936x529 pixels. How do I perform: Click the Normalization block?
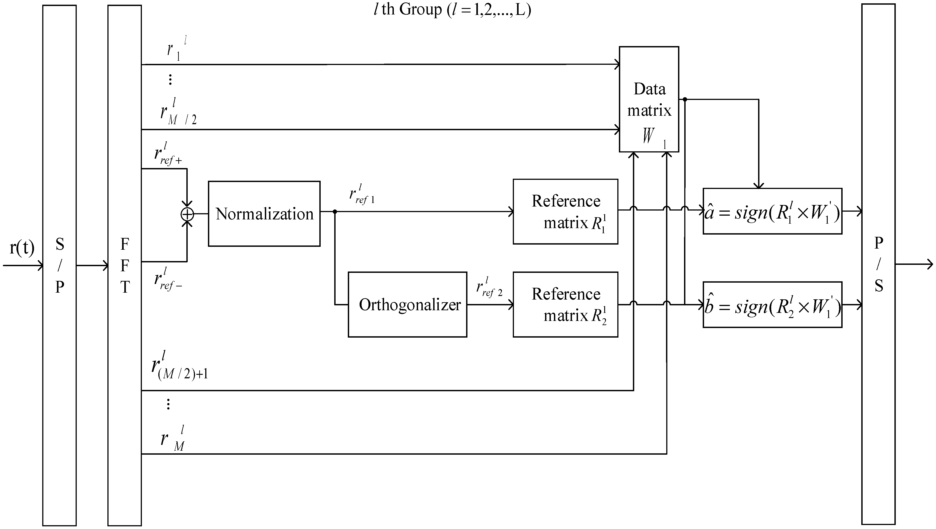[x=264, y=214]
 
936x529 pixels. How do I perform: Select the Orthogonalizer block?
[x=407, y=305]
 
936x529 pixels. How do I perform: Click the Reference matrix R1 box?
[x=565, y=212]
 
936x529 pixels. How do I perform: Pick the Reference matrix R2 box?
[x=565, y=305]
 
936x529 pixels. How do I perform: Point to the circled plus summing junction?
[x=187, y=215]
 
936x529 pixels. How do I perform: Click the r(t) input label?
[x=22, y=248]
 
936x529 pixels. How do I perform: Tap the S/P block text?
[x=60, y=266]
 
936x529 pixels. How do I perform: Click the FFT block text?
[x=125, y=266]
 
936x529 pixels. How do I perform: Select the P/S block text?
[x=879, y=264]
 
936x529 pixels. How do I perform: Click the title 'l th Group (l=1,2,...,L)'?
[x=452, y=9]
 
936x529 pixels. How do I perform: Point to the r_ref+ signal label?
[x=167, y=154]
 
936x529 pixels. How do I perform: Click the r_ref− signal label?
[x=167, y=279]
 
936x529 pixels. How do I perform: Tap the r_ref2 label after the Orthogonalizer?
[x=489, y=287]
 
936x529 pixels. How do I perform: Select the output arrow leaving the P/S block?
[x=914, y=264]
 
